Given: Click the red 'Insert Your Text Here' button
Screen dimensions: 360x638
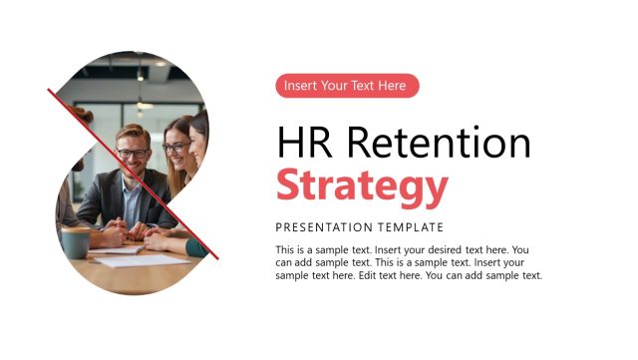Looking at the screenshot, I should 347,86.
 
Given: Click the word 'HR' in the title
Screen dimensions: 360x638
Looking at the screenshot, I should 303,144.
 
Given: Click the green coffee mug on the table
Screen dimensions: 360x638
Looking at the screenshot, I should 75,242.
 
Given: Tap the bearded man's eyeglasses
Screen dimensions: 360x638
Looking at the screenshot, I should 133,153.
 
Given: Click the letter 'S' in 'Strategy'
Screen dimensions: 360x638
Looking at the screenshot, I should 289,186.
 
